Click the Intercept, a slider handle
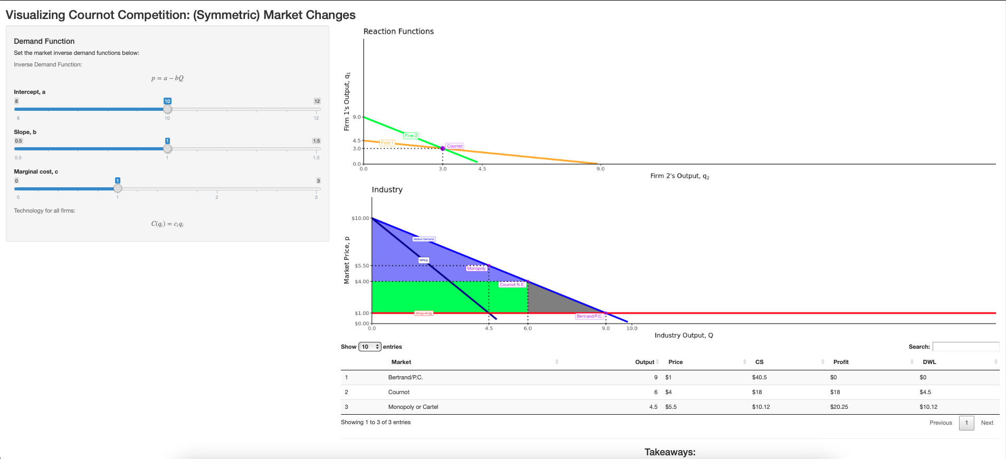(x=167, y=109)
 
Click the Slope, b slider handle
(x=167, y=149)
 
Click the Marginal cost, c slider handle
(x=118, y=188)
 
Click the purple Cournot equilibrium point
(x=442, y=148)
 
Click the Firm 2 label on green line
(x=411, y=136)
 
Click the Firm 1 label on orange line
(x=387, y=143)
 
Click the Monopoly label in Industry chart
(x=476, y=269)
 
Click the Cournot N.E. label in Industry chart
(x=512, y=284)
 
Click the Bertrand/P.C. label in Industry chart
(x=589, y=316)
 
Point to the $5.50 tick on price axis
(x=362, y=266)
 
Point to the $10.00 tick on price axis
(x=360, y=218)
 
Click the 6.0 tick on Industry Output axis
(x=528, y=328)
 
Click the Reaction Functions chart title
(x=398, y=32)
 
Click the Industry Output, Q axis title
(x=684, y=336)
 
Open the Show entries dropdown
(x=369, y=347)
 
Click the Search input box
(x=965, y=347)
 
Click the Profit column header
(x=841, y=362)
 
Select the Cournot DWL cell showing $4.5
(x=925, y=392)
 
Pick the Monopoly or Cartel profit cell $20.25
(x=839, y=407)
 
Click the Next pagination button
(x=987, y=423)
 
